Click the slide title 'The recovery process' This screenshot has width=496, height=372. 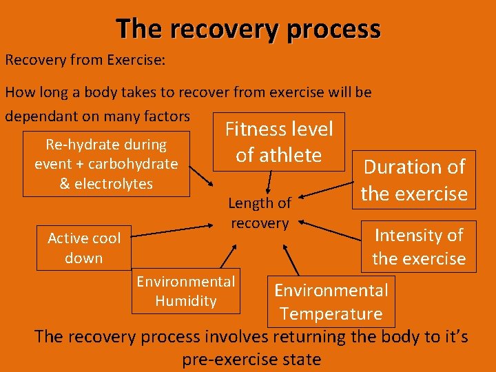point(248,29)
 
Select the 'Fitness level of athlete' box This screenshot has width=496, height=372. point(279,142)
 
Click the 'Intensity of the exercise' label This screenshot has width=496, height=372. point(419,247)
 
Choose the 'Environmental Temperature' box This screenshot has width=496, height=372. point(331,302)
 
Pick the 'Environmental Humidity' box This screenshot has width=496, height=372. point(186,291)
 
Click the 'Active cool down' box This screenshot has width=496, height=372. point(84,248)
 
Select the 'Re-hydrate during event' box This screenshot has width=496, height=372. point(106,164)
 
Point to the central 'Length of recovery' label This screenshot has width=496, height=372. point(260,213)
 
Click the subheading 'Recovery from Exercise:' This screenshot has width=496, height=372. point(85,59)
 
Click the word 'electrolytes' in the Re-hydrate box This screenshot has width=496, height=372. point(114,184)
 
